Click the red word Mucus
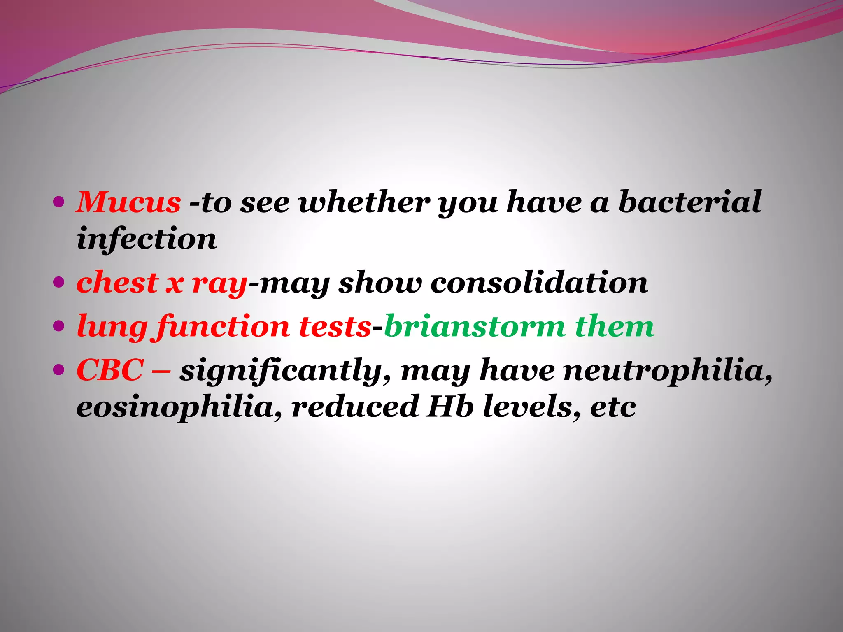128,202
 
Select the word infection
147,239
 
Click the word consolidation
539,283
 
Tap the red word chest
117,283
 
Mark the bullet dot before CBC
59,370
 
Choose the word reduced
355,407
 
